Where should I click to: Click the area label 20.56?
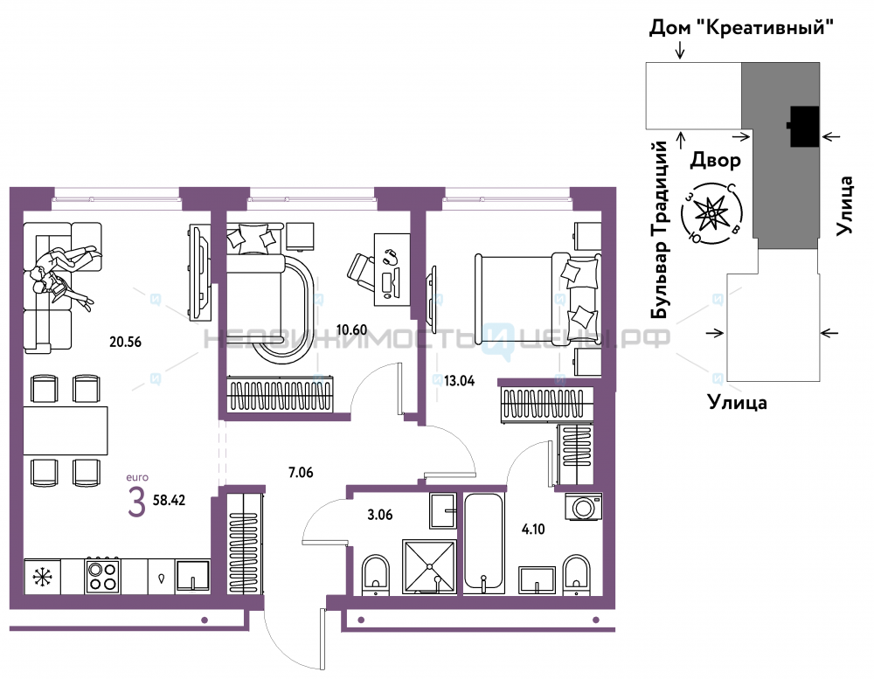tap(125, 342)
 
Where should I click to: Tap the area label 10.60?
tap(351, 329)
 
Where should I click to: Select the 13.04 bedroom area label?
tap(460, 381)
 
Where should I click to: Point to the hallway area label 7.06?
tap(301, 473)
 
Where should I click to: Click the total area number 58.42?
tap(169, 500)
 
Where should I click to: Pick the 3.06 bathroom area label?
tap(379, 515)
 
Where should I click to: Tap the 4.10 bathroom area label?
tap(533, 529)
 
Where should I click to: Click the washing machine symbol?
tap(584, 507)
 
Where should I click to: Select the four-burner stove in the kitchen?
tap(102, 575)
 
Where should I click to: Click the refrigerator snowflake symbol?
tap(42, 577)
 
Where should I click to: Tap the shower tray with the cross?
tap(429, 566)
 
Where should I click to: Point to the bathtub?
tap(484, 543)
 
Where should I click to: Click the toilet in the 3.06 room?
tap(376, 572)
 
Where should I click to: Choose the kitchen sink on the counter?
tap(193, 576)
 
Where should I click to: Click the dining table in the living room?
tap(66, 430)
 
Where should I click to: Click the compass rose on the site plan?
tap(711, 214)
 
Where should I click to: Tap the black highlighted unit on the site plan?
tap(804, 127)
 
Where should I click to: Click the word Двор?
tap(716, 161)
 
